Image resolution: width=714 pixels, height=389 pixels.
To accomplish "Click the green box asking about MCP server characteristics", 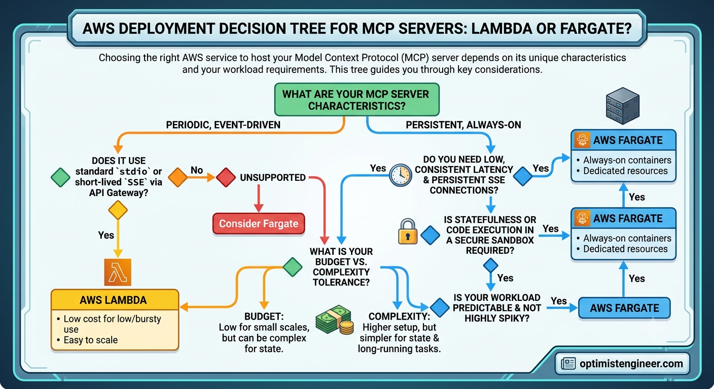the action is click(x=356, y=100).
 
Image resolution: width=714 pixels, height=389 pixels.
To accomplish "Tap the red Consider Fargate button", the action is click(x=259, y=223).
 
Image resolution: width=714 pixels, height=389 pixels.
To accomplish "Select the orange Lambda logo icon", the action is click(x=118, y=272).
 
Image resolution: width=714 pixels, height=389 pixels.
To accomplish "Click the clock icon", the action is click(x=400, y=175).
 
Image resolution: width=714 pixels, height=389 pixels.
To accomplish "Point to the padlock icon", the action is click(x=408, y=231).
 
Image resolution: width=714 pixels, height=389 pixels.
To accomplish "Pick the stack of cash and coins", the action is click(x=334, y=320).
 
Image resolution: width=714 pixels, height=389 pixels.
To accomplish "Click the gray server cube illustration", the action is click(x=623, y=106).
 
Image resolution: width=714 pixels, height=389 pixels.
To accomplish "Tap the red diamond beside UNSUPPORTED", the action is click(x=226, y=177).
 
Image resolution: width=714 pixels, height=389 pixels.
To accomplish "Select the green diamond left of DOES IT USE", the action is click(x=60, y=177).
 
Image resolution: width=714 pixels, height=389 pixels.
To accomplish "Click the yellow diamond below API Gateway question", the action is click(x=118, y=210).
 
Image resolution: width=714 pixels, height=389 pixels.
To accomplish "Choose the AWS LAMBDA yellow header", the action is click(x=115, y=300).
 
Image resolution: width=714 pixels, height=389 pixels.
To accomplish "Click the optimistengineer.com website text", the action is click(x=631, y=364).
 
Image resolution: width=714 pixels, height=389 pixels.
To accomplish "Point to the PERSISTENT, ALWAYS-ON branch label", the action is click(x=463, y=125).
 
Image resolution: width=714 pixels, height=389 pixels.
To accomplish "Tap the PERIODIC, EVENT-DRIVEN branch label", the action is click(x=223, y=125).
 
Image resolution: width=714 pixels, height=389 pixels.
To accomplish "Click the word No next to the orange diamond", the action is click(x=197, y=170).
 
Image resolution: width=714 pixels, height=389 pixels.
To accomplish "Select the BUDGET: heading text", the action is click(x=264, y=317).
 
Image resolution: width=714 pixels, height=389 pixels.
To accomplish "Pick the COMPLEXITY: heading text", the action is click(x=399, y=317).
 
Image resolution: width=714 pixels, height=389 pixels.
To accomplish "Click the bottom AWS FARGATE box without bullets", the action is click(x=624, y=308).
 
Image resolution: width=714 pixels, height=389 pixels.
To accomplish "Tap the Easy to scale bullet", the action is click(x=91, y=340).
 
